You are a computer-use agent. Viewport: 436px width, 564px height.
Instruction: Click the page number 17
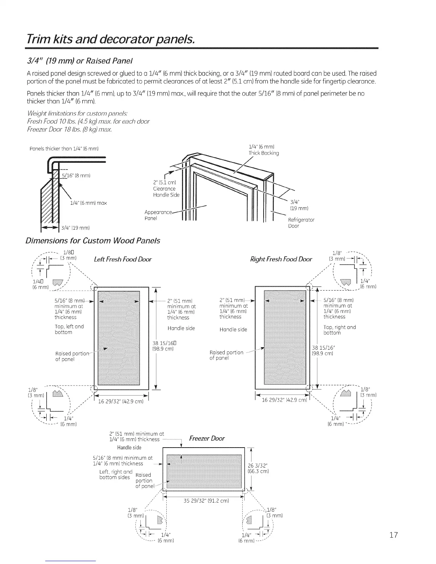(x=393, y=535)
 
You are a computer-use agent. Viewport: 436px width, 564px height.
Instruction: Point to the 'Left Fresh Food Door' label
(x=123, y=259)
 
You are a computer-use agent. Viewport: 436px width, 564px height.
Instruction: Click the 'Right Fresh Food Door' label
(x=281, y=259)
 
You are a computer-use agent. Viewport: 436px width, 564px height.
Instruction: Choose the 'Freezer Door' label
(x=207, y=438)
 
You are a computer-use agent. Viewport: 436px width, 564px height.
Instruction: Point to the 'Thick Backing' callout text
(x=264, y=153)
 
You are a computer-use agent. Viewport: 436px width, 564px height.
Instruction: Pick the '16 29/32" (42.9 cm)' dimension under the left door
(x=120, y=402)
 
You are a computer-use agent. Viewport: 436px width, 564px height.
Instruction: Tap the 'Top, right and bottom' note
(x=339, y=330)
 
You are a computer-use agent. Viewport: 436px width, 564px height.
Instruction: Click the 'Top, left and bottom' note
(x=69, y=329)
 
